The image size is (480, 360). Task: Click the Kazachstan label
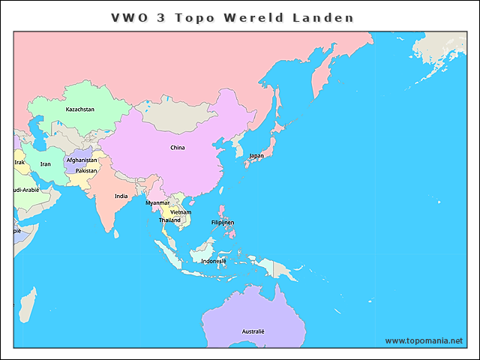(x=79, y=109)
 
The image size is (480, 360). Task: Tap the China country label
(x=177, y=148)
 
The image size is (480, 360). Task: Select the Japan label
(x=256, y=156)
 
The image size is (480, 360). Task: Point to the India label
(x=121, y=196)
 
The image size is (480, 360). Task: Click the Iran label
(x=45, y=163)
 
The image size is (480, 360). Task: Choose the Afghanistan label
(x=82, y=160)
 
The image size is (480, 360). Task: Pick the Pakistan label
(x=86, y=170)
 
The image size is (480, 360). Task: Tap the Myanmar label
(x=157, y=202)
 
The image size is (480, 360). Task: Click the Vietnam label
(x=181, y=212)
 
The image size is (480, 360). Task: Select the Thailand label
(x=169, y=220)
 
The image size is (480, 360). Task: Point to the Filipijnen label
(x=223, y=223)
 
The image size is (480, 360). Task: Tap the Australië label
(x=253, y=331)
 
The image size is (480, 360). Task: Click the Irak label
(x=19, y=162)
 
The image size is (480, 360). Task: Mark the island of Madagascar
(x=26, y=306)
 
